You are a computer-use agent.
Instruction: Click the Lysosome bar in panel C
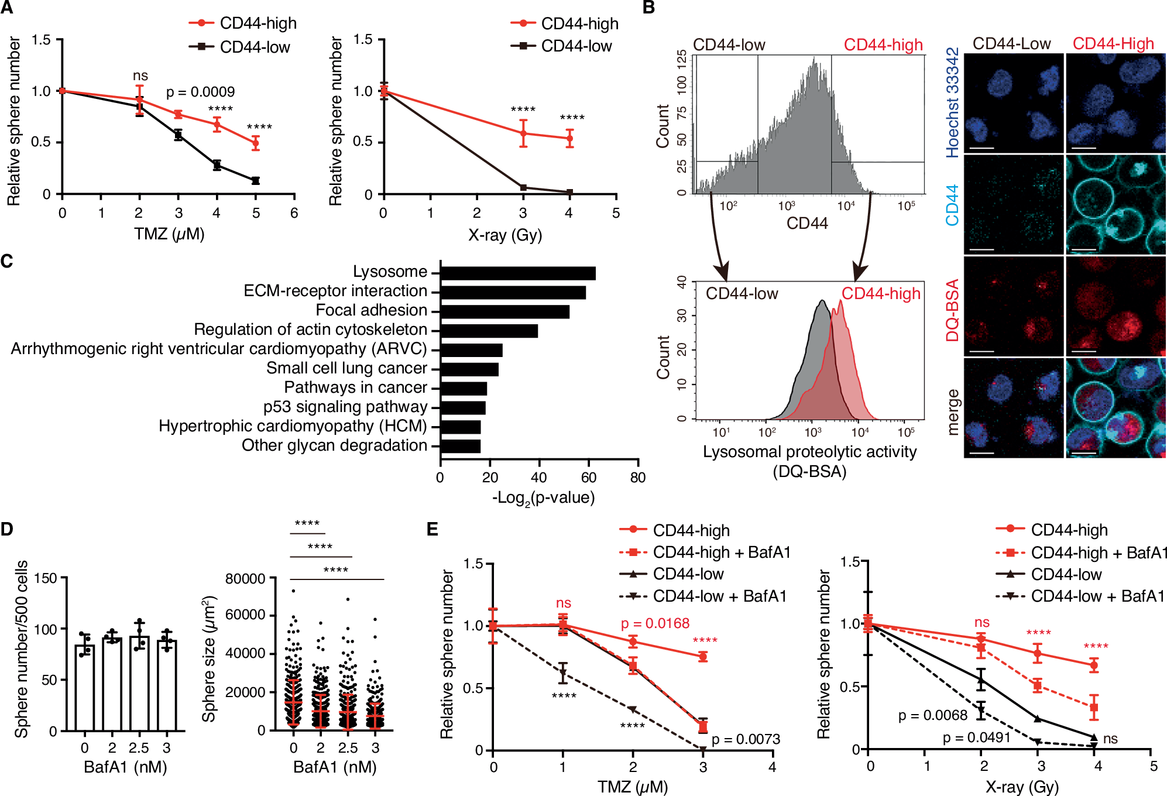pos(517,273)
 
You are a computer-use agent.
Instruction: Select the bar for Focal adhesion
pos(504,311)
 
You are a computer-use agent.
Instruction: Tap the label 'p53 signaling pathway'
pos(345,407)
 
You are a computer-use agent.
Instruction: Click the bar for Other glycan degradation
pos(460,446)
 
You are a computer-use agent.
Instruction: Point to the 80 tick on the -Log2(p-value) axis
pos(638,478)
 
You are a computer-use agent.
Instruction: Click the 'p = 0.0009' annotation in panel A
pos(200,92)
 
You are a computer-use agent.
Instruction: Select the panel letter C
pos(7,261)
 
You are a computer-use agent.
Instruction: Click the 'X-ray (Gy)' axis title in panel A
pos(505,235)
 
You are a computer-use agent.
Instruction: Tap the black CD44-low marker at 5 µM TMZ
pos(256,181)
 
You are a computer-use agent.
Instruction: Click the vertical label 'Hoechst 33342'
pos(953,103)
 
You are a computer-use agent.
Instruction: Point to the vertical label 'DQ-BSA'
pos(953,310)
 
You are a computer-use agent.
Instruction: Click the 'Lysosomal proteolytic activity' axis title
pos(809,452)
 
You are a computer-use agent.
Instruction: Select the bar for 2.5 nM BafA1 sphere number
pos(139,683)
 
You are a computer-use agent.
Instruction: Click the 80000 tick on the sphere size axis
pos(245,579)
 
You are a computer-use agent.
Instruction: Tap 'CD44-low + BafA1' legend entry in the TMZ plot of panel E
pos(719,596)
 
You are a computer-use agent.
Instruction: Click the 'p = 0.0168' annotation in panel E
pos(655,623)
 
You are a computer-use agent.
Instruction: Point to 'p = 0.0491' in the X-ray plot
pos(976,737)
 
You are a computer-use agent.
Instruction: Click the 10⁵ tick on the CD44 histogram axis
pos(906,206)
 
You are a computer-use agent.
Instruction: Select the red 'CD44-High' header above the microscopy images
pos(1113,44)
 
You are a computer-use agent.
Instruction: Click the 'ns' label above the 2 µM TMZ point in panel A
pos(140,76)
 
